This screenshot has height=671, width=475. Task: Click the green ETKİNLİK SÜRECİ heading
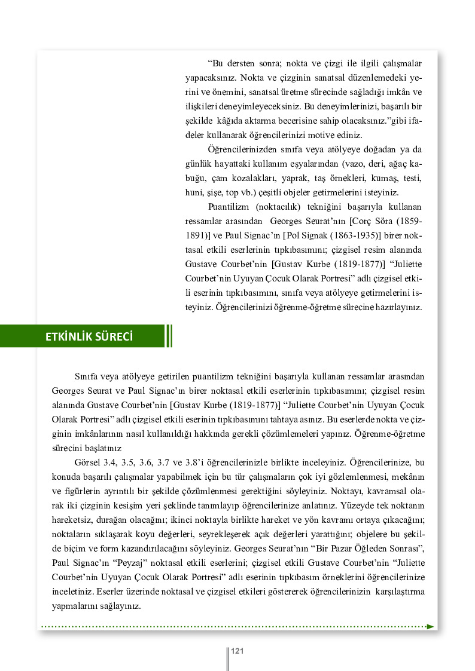90,336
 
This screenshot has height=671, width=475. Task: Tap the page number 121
236,651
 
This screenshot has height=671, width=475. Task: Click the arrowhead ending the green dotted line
431,626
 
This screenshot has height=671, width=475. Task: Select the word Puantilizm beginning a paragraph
228,207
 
